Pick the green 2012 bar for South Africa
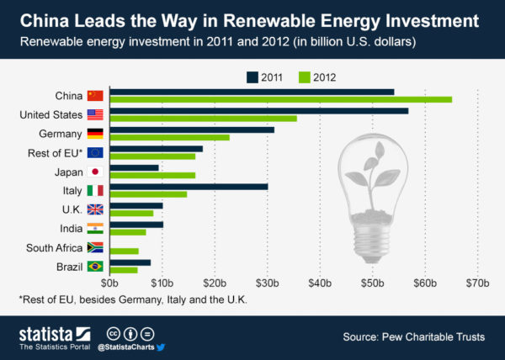coord(124,251)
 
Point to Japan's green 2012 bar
coord(152,175)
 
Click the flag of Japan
coord(95,172)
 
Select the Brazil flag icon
coord(95,267)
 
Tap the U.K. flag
coord(95,209)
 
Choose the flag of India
coord(95,229)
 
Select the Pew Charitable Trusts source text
coord(414,337)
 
